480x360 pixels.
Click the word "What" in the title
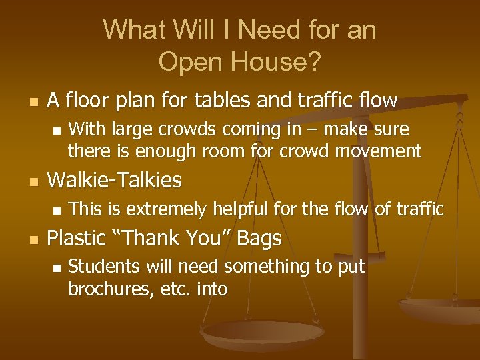(133, 30)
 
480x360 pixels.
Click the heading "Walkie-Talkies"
(114, 179)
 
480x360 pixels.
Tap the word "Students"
(100, 267)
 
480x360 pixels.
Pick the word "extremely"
(167, 209)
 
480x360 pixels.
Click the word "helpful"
(243, 209)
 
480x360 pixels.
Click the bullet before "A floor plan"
(34, 102)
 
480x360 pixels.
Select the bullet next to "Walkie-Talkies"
(34, 181)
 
